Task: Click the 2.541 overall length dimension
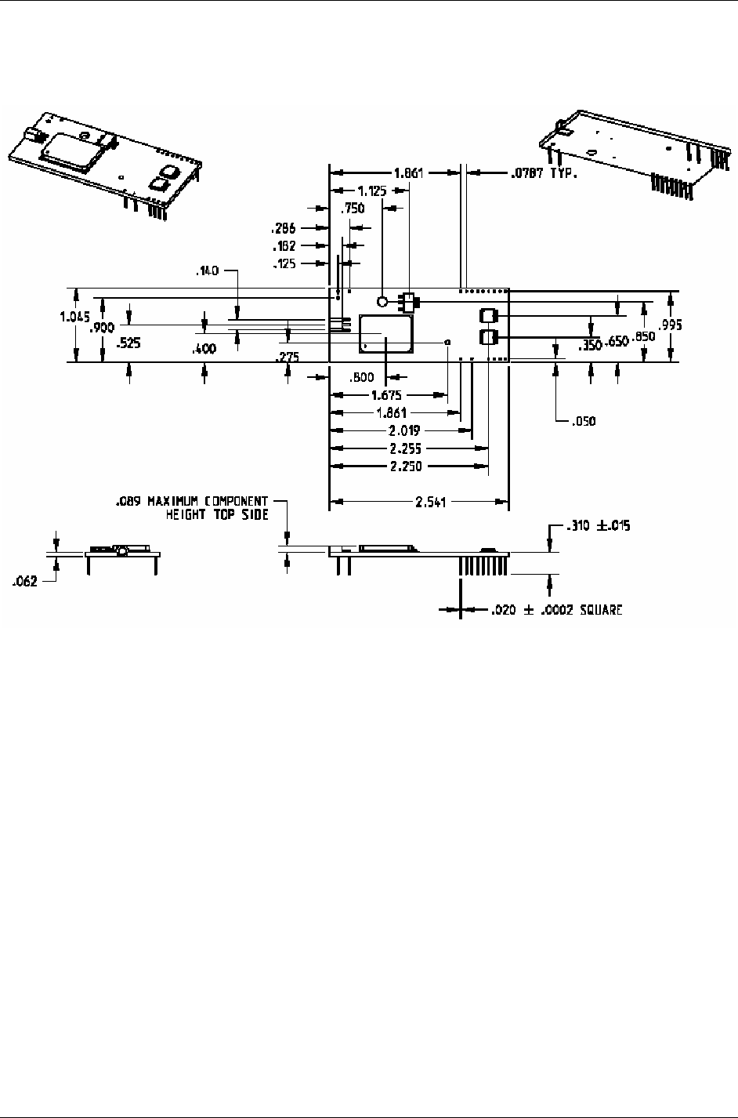[430, 503]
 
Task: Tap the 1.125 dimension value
[371, 191]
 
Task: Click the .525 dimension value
[128, 343]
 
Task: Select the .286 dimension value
[283, 229]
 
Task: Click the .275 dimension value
[288, 357]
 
